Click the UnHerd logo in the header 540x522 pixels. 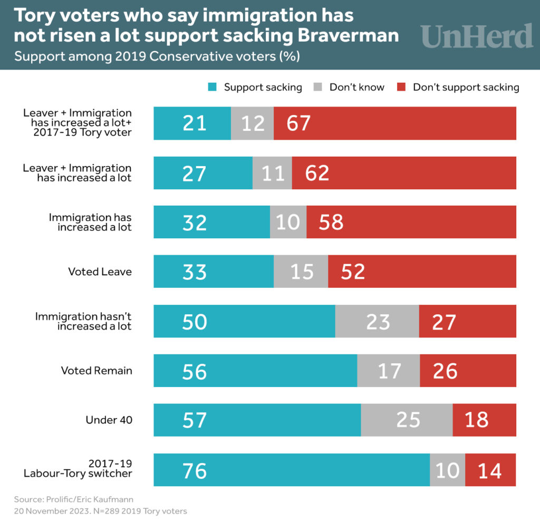pyautogui.click(x=477, y=36)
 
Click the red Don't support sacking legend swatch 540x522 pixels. pyautogui.click(x=401, y=87)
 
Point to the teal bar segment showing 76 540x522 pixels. pyautogui.click(x=292, y=470)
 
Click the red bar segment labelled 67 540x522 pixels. pyautogui.click(x=394, y=123)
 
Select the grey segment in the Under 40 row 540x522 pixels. pyautogui.click(x=407, y=420)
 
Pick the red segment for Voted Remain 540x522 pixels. pyautogui.click(x=468, y=371)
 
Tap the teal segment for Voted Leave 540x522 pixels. pyautogui.click(x=214, y=272)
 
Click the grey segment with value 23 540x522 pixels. pyautogui.click(x=377, y=321)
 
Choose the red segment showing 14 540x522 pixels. pyautogui.click(x=490, y=470)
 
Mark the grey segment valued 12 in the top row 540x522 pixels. pyautogui.click(x=252, y=123)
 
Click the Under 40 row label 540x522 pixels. pyautogui.click(x=109, y=420)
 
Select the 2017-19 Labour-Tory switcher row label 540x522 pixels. pyautogui.click(x=78, y=469)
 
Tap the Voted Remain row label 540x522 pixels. pyautogui.click(x=97, y=371)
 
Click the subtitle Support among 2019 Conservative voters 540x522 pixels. pyautogui.click(x=157, y=56)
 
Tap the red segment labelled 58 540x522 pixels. pyautogui.click(x=411, y=223)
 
